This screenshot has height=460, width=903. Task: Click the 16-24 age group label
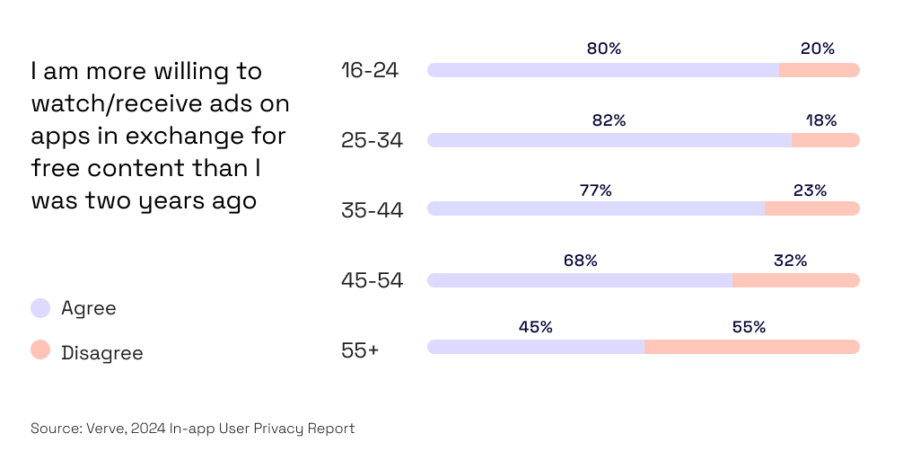point(369,70)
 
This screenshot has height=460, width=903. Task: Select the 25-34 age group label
point(372,140)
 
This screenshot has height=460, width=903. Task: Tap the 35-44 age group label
point(372,210)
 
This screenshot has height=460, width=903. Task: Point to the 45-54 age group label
point(372,280)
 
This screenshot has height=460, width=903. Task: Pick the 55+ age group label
point(359,350)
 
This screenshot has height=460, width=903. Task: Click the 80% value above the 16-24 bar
point(603,49)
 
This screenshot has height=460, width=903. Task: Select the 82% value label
point(609,119)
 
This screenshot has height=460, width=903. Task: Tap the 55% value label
point(749,327)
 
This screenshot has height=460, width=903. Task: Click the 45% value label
point(535,327)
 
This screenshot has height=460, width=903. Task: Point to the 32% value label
point(790,261)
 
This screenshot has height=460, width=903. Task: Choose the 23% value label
point(810,190)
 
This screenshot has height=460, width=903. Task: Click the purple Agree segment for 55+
point(535,347)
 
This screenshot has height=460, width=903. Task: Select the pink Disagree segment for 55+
point(751,347)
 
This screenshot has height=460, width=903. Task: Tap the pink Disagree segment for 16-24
point(819,70)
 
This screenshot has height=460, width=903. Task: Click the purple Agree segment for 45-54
point(579,280)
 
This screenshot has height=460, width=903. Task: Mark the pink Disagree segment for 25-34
point(825,140)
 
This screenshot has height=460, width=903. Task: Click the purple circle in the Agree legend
point(40,308)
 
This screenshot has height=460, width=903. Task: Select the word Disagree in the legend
point(101,353)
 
